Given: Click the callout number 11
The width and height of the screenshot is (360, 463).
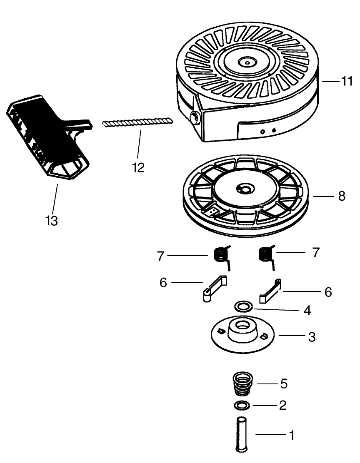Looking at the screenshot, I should click(x=347, y=82).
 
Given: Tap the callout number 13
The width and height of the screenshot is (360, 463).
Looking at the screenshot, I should click(x=52, y=221).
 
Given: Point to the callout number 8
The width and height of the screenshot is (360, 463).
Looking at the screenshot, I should click(x=342, y=196).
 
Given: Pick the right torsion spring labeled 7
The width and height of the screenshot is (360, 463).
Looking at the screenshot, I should click(x=265, y=254).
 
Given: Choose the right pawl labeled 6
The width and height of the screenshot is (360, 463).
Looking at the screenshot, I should click(x=270, y=291).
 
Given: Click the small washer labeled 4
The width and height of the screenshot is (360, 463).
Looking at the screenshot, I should click(x=242, y=307).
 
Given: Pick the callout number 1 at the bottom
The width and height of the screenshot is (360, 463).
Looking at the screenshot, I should click(x=292, y=436).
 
